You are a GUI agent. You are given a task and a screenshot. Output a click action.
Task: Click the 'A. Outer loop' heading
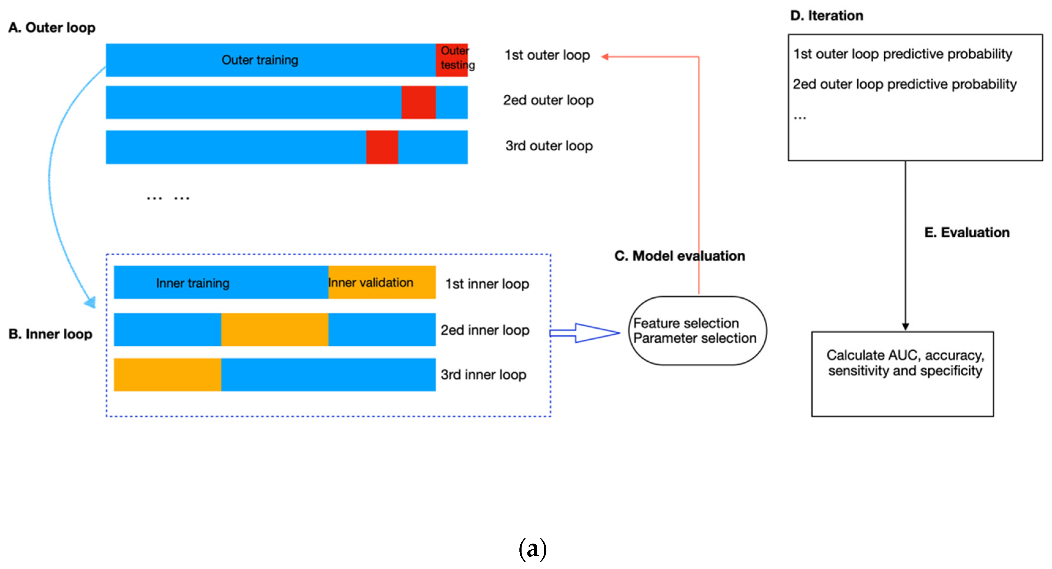pyautogui.click(x=52, y=28)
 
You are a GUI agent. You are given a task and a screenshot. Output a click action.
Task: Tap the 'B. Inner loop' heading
pyautogui.click(x=51, y=334)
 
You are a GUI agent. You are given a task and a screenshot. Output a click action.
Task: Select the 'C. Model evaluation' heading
pyautogui.click(x=679, y=256)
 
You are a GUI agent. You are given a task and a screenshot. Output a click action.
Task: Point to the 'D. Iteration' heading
pyautogui.click(x=826, y=16)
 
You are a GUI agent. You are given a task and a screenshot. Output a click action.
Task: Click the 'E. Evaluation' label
pyautogui.click(x=967, y=232)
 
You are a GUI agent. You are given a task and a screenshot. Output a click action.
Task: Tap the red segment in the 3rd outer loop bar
pyautogui.click(x=382, y=147)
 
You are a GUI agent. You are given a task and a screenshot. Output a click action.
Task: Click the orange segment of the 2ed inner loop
pyautogui.click(x=275, y=330)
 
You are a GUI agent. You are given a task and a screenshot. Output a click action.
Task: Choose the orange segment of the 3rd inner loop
pyautogui.click(x=167, y=375)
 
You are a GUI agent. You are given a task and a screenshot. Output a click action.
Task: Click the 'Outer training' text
pyautogui.click(x=260, y=60)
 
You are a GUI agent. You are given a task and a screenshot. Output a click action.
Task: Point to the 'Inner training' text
pyautogui.click(x=193, y=283)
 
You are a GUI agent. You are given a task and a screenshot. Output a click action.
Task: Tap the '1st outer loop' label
pyautogui.click(x=547, y=55)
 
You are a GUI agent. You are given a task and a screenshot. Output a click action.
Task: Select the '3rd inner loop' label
pyautogui.click(x=483, y=375)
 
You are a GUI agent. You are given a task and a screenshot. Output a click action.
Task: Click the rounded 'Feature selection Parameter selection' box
pyautogui.click(x=698, y=330)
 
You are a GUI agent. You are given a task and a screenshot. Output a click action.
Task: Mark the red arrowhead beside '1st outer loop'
pyautogui.click(x=605, y=57)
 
